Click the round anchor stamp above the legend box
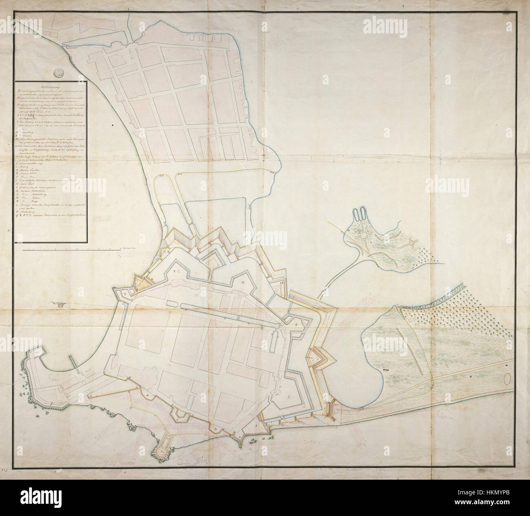(59, 72)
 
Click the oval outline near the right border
(508, 379)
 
